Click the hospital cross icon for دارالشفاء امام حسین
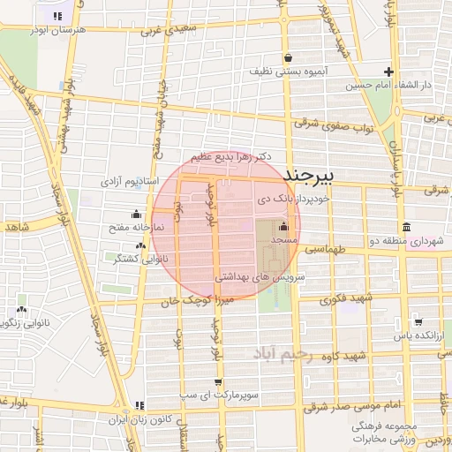[388, 72]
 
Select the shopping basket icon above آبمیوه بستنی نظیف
[288, 58]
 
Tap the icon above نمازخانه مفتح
[135, 213]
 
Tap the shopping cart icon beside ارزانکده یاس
[418, 322]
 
